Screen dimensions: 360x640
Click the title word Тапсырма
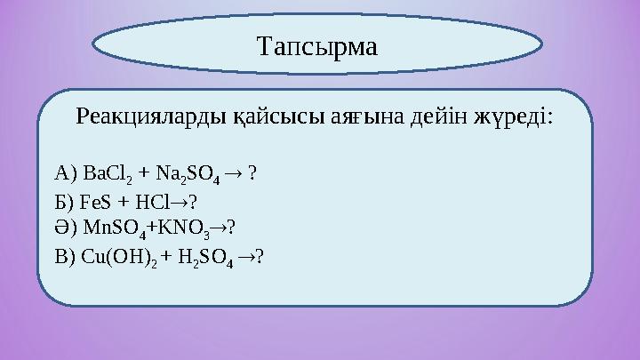click(316, 44)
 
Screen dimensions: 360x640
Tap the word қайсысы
click(259, 117)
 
